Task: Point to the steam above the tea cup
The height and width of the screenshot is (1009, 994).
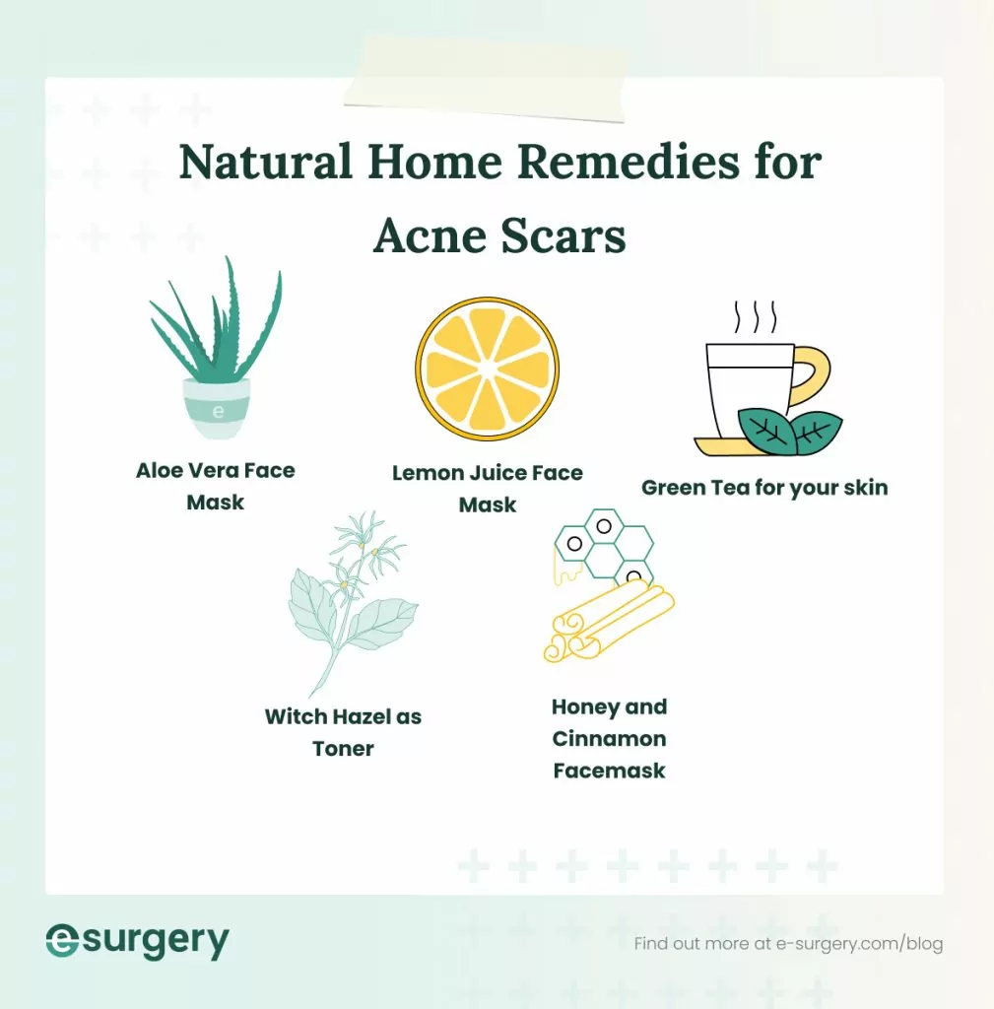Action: coord(755,316)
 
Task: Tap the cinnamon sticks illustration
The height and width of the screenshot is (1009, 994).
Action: coord(606,621)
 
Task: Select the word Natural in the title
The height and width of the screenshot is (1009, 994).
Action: coord(265,162)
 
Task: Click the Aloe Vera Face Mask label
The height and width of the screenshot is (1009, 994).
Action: coord(216,486)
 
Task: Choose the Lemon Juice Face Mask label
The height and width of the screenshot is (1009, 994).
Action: coord(488,489)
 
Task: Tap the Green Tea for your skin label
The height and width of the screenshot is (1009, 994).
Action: coord(764,488)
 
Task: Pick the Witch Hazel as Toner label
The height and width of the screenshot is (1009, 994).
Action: coord(343,732)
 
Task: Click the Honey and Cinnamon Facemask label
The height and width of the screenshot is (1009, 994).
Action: coord(609,738)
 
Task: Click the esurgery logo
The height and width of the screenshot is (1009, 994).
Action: coord(137,942)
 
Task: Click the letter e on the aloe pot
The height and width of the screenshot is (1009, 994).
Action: coord(218,411)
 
